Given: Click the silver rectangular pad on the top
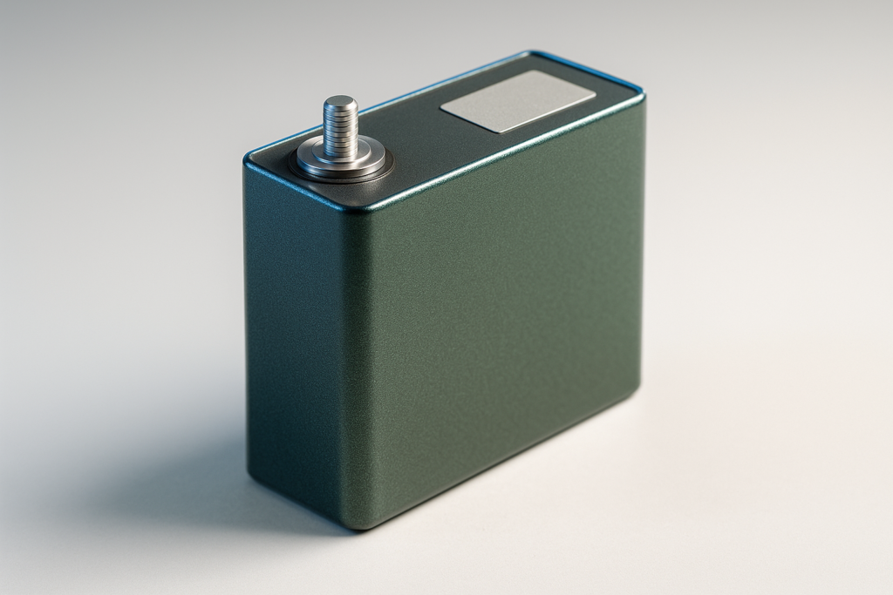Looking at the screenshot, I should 518,101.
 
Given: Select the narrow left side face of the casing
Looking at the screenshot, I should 292,331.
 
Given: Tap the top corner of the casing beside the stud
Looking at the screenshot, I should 249,161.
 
